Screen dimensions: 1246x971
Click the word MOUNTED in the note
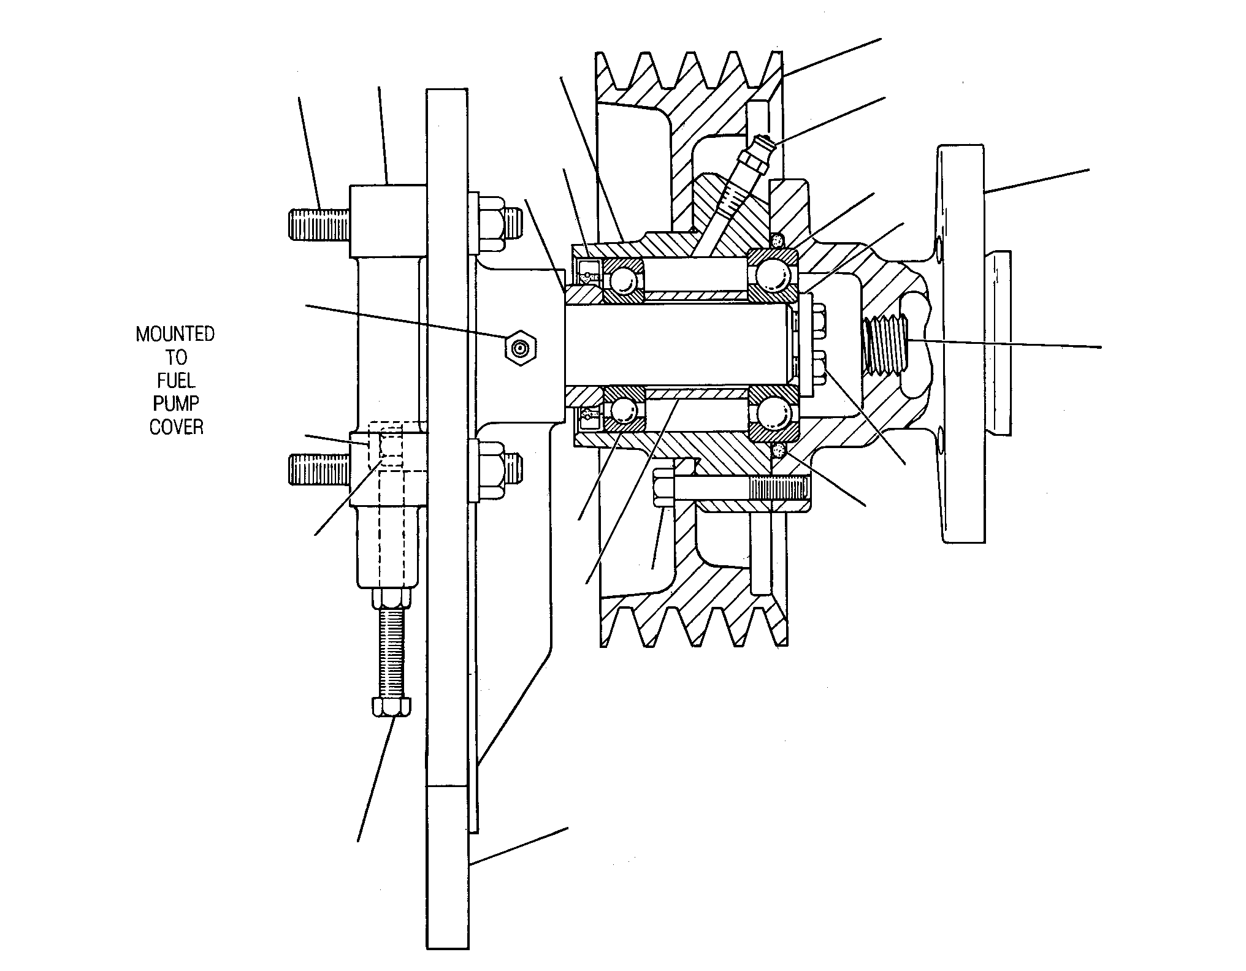[175, 334]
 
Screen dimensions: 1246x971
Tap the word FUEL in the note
[176, 381]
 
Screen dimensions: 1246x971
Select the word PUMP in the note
[176, 404]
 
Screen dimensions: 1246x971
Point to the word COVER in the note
[176, 427]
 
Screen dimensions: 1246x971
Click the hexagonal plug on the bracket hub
[521, 349]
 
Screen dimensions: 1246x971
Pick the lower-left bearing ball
[623, 409]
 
